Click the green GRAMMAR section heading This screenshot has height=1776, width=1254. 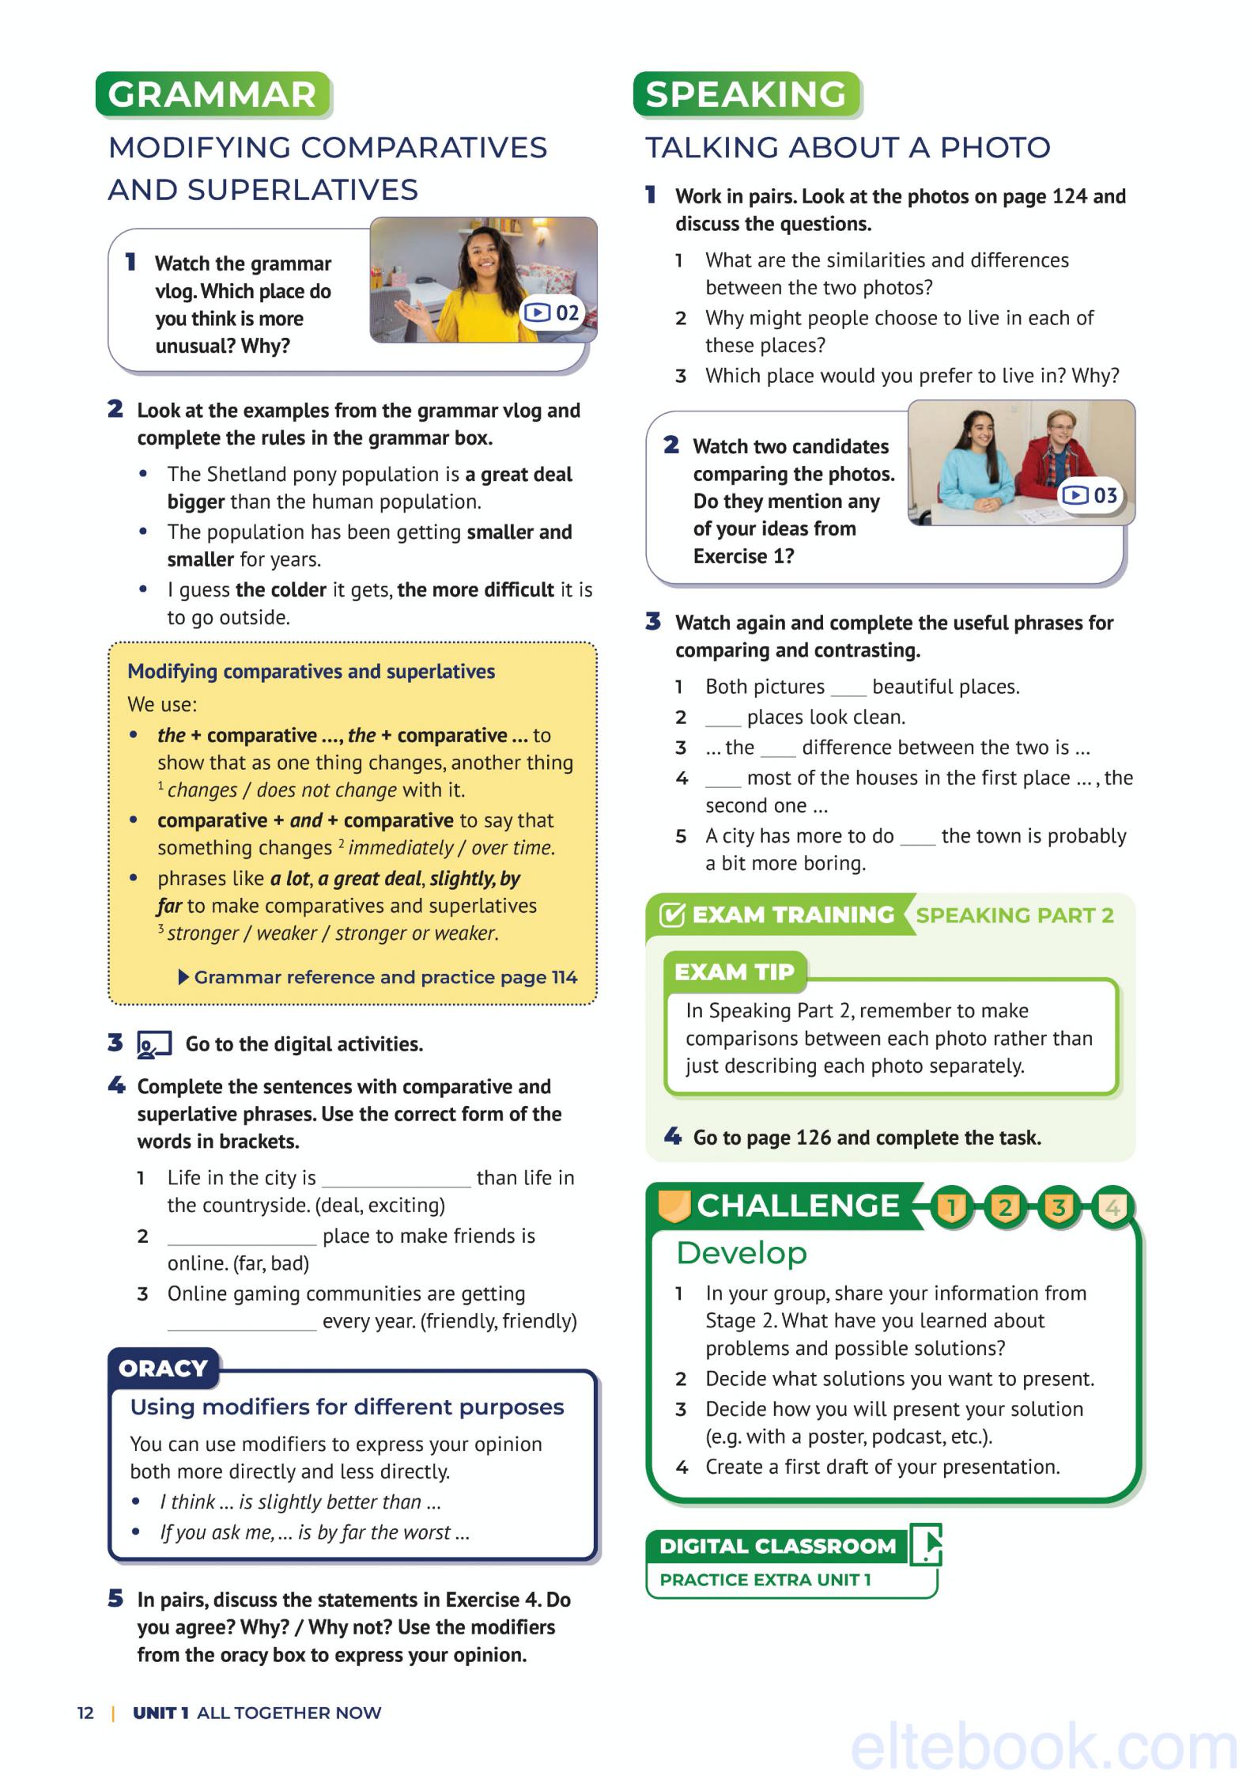[x=212, y=95]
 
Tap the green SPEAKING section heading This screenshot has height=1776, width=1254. [x=746, y=95]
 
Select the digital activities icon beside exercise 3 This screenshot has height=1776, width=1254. [x=153, y=1044]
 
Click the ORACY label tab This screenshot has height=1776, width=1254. [x=163, y=1368]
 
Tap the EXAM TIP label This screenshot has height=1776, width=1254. [x=733, y=971]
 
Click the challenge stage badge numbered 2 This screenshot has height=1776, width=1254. [x=1005, y=1207]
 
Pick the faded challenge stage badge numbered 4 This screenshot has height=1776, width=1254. [x=1112, y=1207]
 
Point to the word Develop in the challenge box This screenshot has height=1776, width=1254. [x=742, y=1253]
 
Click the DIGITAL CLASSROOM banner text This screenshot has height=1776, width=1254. [x=777, y=1546]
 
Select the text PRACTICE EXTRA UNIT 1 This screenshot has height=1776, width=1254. [x=765, y=1580]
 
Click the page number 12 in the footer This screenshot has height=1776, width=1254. [x=85, y=1713]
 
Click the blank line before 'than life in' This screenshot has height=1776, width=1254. [x=395, y=1180]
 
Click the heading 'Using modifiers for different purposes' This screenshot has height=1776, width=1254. [x=347, y=1407]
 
